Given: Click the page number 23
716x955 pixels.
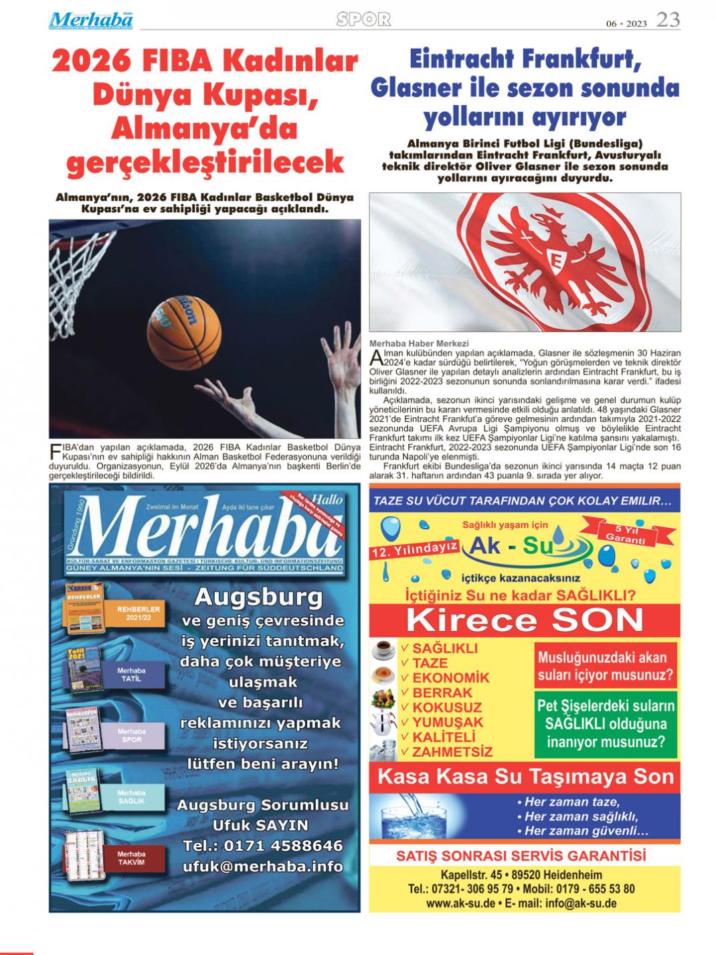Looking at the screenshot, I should pos(668,19).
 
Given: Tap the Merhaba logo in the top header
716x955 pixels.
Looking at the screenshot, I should pos(91,20).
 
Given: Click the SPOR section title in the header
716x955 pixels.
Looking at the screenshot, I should pos(363,20).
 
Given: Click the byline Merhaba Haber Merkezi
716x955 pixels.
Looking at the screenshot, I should pos(419,344).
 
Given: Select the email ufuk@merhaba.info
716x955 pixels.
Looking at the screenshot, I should pos(262,866).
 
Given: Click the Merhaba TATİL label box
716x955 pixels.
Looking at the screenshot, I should pos(131,674).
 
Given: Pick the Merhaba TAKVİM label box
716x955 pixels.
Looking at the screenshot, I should pos(131,858).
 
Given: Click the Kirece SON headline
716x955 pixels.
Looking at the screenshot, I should pos(525,620).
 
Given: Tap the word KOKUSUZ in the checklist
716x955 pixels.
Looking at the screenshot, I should pos(446,707).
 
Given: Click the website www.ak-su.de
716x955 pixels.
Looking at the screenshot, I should pos(460,903).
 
